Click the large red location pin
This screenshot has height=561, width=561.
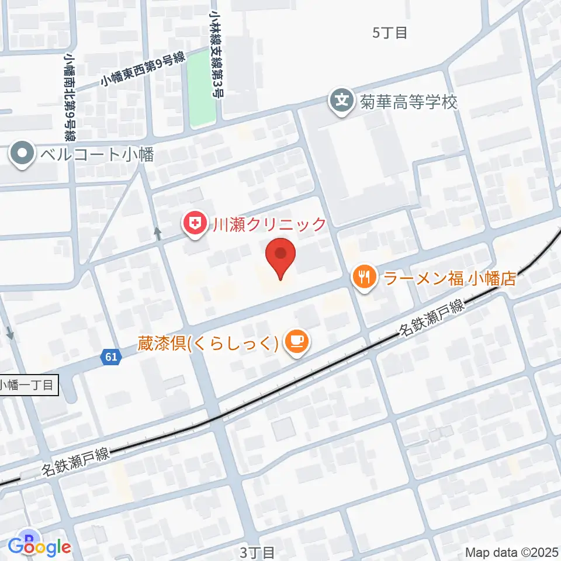[280, 257]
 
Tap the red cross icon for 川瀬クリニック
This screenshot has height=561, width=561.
[193, 224]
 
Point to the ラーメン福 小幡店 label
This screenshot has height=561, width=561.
[450, 278]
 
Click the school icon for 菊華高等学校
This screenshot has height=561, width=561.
[342, 101]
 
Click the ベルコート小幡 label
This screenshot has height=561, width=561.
[97, 155]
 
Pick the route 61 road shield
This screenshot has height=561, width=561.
[112, 356]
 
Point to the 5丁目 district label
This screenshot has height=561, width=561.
[390, 33]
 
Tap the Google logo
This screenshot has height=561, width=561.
[40, 547]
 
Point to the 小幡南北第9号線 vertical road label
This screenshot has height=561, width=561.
[70, 97]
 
